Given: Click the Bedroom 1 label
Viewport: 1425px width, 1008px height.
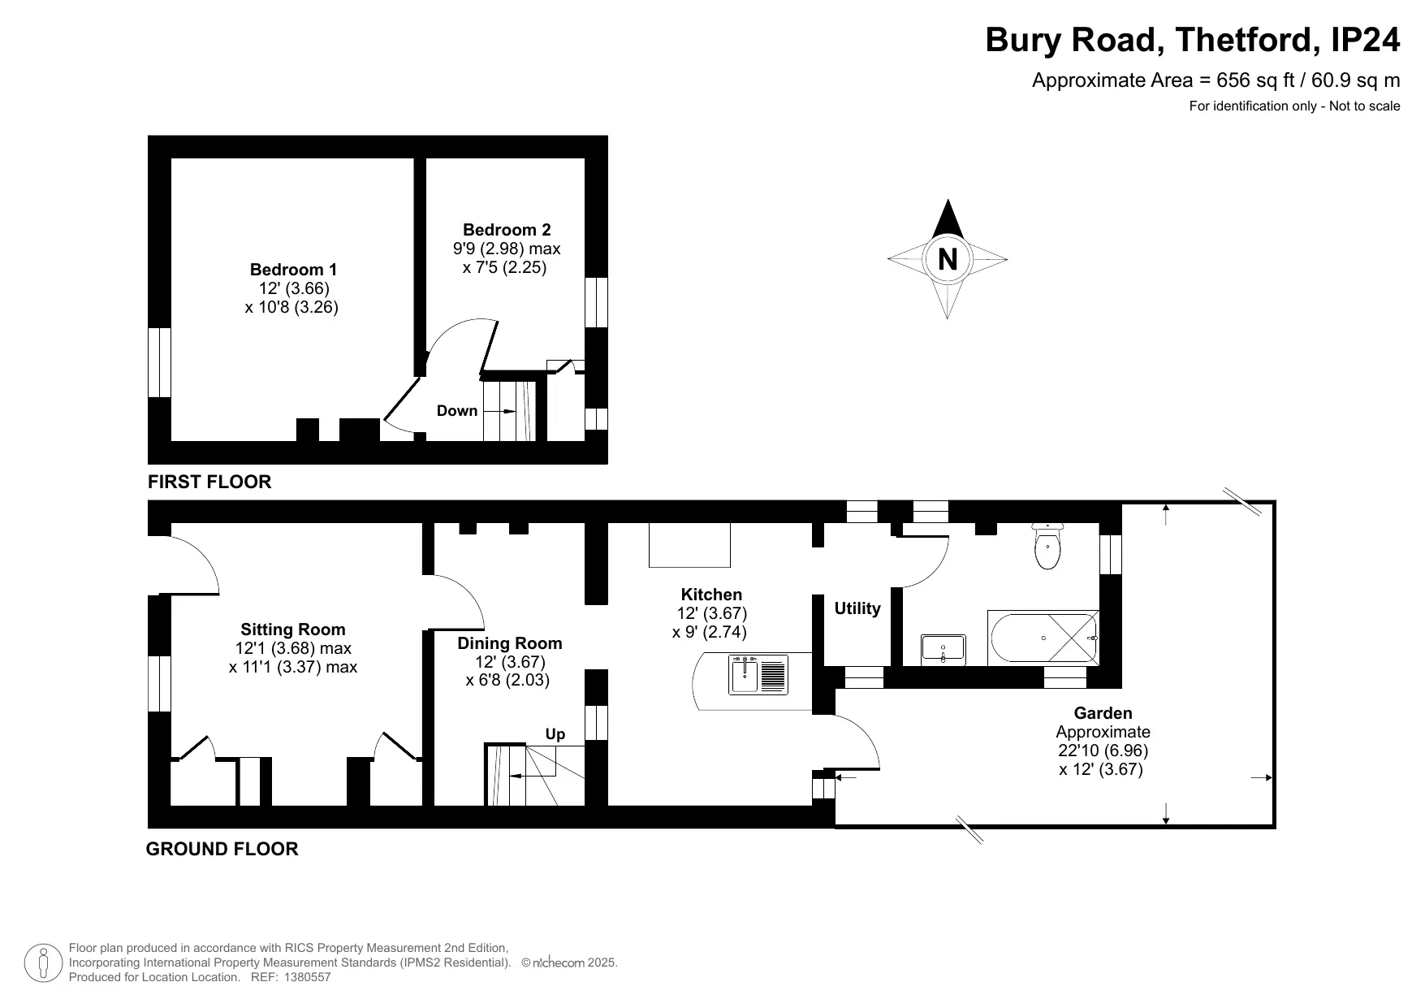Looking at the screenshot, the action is [293, 270].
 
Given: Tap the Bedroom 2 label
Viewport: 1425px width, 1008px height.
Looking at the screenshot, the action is [507, 230].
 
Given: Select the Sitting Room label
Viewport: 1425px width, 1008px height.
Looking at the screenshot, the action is [293, 629].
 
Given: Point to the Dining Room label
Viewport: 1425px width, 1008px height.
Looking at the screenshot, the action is [510, 643].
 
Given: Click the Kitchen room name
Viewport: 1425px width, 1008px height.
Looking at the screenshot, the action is [711, 595].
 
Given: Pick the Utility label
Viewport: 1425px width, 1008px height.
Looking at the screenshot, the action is [857, 608].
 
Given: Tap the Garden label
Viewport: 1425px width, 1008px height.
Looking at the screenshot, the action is [1103, 713].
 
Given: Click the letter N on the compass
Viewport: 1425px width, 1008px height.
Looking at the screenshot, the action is [948, 259].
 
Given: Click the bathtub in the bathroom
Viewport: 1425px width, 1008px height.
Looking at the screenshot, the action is [1043, 638].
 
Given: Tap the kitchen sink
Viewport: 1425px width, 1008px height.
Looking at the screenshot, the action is [759, 675].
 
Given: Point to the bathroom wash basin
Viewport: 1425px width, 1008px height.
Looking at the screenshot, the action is [944, 650].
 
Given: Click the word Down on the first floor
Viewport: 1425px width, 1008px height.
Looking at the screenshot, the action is [457, 411].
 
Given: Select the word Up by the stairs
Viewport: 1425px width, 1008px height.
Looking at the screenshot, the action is [555, 734].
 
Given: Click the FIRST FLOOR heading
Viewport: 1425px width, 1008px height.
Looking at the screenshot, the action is [209, 482].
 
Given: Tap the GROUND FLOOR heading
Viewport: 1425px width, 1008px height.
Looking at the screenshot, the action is [222, 849].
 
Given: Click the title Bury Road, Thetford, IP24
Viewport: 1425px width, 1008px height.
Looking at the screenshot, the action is [1193, 40].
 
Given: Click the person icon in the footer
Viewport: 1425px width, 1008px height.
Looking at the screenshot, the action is [44, 963].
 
